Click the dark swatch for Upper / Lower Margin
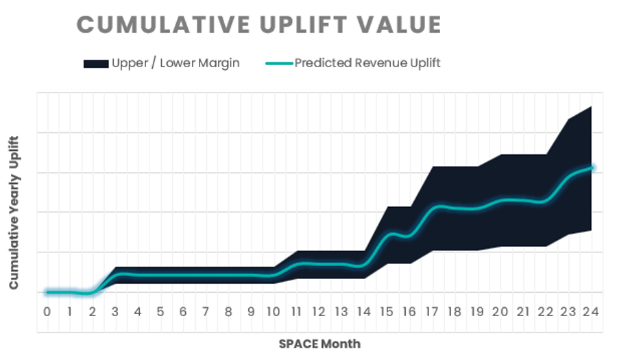96,64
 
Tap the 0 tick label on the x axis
47,312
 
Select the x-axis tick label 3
115,312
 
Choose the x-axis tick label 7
206,312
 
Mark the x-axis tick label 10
274,312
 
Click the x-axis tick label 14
364,312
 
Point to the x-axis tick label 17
432,312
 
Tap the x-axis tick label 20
500,312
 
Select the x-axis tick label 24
590,312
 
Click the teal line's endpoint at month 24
591,167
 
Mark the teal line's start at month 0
47,292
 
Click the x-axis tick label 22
545,312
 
